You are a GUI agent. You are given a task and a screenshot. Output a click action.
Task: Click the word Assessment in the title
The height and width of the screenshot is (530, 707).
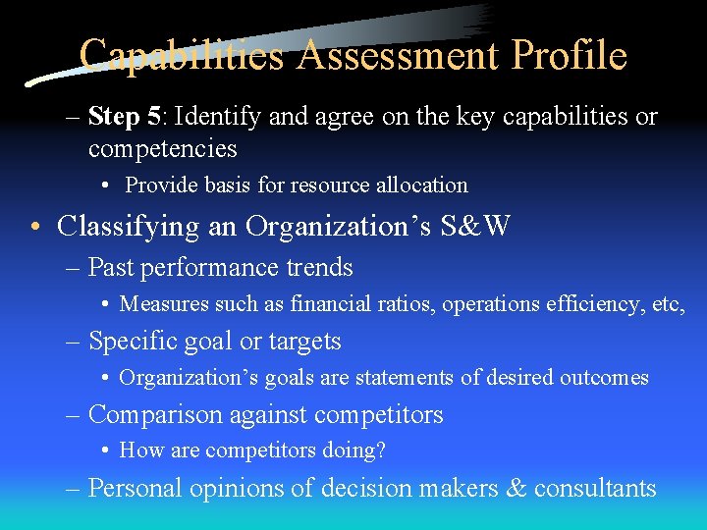click(400, 55)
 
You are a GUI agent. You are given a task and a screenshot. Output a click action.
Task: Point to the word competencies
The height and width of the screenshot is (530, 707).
click(162, 149)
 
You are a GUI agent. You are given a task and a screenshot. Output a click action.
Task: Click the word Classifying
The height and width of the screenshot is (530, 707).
click(130, 227)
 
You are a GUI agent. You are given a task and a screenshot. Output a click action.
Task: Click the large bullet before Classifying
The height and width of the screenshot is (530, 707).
click(35, 228)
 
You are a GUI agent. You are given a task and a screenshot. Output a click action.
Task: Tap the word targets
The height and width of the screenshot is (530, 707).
click(304, 342)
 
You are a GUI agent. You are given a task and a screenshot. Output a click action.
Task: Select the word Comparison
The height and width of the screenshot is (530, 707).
click(155, 415)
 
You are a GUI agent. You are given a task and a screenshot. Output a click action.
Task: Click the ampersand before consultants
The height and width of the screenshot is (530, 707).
click(516, 488)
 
